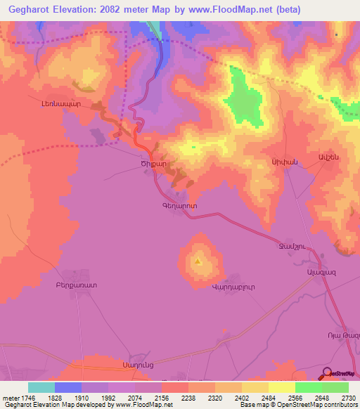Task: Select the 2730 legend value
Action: click(349, 398)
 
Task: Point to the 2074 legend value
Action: click(135, 398)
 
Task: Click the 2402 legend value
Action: click(242, 398)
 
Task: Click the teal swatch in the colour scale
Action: click(41, 387)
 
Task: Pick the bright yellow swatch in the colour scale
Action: click(282, 387)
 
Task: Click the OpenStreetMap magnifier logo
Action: click(327, 373)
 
